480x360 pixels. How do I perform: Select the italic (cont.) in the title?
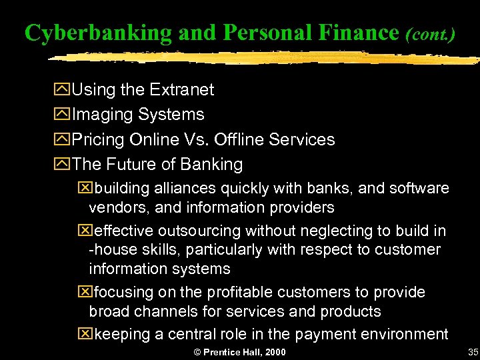(430, 33)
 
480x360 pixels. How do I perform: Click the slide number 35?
(473, 351)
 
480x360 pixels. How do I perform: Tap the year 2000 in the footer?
(274, 351)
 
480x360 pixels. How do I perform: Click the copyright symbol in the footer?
(197, 351)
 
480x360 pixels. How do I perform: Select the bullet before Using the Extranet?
(65, 89)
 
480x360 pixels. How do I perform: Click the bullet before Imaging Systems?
(65, 115)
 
